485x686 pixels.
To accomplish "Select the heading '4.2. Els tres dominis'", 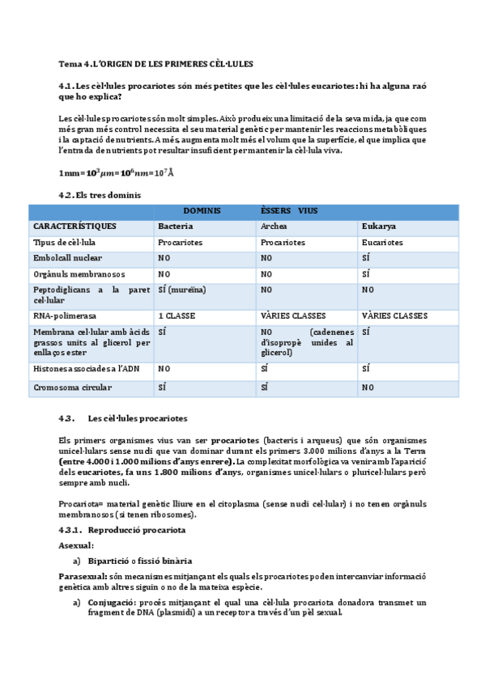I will (100, 195).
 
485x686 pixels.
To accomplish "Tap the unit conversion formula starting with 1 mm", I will (116, 173).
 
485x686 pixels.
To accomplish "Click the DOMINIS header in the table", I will (202, 210).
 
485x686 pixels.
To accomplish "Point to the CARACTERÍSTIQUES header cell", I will (74, 226).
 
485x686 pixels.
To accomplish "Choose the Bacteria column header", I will (176, 226).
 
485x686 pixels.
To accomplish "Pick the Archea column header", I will (274, 226).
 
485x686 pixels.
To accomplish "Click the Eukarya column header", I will (379, 226).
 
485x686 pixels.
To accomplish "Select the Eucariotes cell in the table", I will (382, 242).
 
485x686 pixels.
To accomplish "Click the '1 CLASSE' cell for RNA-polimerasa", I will (177, 315).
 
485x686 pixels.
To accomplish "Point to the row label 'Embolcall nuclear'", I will (68, 258).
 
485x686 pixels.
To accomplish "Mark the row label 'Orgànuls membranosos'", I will (79, 274).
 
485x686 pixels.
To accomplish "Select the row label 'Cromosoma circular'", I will (72, 387).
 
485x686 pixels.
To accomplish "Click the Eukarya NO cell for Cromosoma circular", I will (368, 387).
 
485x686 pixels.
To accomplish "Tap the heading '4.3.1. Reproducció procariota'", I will (123, 530).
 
